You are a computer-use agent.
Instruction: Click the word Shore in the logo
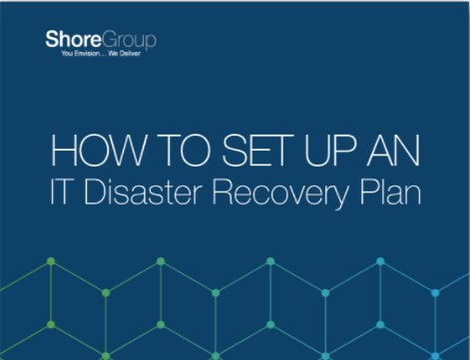[69, 42]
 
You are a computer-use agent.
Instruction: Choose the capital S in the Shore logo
[52, 42]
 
